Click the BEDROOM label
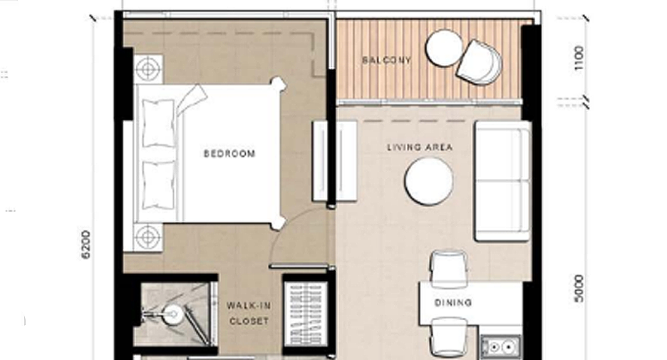(x=229, y=153)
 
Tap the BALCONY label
(x=387, y=60)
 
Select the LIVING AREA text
(x=420, y=148)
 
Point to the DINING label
(x=453, y=302)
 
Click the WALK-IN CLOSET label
(x=249, y=313)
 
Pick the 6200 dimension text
(x=86, y=245)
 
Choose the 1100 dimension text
(x=579, y=58)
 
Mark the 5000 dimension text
(x=579, y=289)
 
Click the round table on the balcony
(x=444, y=48)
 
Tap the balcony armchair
(x=480, y=62)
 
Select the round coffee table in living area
(x=429, y=181)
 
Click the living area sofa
(x=503, y=181)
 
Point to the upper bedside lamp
(x=148, y=68)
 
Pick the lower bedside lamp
(x=148, y=237)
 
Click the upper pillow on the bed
(x=159, y=123)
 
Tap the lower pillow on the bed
(x=159, y=185)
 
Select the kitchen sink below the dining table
(x=501, y=346)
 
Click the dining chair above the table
(x=449, y=267)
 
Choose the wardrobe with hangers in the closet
(x=306, y=314)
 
